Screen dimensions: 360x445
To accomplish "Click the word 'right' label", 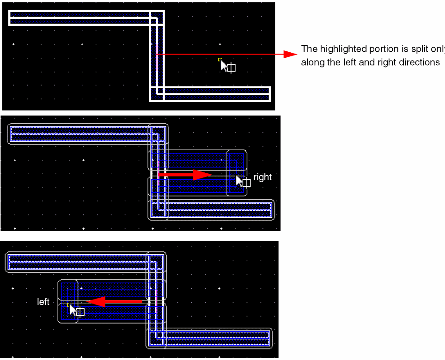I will [x=262, y=177].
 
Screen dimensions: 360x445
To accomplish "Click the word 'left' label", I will [x=43, y=302].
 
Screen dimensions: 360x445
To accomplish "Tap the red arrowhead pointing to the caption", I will [x=290, y=55].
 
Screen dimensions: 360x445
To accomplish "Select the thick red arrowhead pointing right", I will [x=202, y=175].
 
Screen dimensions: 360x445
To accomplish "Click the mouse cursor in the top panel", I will [x=224, y=66].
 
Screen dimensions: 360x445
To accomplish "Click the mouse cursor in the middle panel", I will [x=239, y=180].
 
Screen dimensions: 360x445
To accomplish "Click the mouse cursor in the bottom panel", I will [x=73, y=309].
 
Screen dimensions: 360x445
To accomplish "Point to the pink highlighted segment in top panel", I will [x=157, y=55].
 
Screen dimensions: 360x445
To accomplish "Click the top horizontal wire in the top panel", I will [x=83, y=18].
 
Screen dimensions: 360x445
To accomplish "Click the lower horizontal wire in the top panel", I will [x=213, y=94].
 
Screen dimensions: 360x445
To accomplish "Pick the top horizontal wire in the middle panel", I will [x=83, y=133].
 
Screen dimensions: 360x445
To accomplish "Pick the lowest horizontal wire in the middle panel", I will [x=217, y=209].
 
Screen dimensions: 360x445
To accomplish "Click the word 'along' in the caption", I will [x=312, y=62].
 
